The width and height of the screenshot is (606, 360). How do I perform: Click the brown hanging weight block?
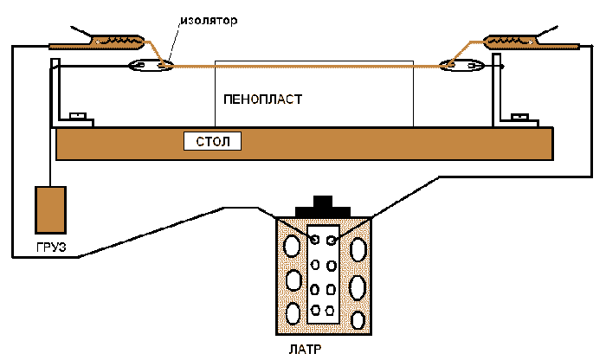[50, 209]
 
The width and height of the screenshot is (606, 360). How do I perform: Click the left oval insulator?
[150, 65]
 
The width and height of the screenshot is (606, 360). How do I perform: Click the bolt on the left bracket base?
[77, 115]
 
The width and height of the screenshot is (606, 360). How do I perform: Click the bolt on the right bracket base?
[521, 116]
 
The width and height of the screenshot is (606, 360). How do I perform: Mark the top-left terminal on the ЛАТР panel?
[315, 239]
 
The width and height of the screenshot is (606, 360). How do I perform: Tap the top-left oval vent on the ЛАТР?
[293, 247]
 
